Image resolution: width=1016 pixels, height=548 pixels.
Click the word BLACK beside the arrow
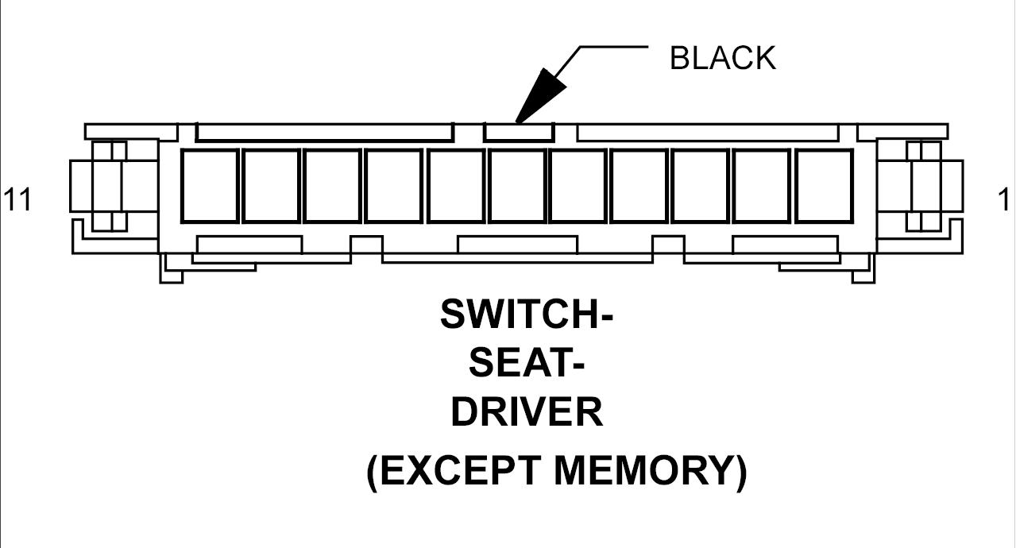point(722,59)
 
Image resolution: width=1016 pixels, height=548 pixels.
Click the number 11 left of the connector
point(17,200)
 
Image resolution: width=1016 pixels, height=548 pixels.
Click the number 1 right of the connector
point(1003,200)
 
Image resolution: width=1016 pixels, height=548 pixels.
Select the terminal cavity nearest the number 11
point(210,186)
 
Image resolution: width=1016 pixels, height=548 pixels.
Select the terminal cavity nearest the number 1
point(824,186)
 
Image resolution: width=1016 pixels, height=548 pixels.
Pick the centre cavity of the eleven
point(517,186)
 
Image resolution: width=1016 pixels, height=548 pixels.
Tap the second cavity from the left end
point(271,186)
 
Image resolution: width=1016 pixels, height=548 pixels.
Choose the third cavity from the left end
point(333,186)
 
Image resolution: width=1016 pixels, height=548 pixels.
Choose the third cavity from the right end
point(701,186)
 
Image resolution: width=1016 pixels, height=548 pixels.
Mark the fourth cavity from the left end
point(394,186)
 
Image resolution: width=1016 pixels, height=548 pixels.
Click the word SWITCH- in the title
point(527,315)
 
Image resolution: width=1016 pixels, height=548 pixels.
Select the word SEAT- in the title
point(527,365)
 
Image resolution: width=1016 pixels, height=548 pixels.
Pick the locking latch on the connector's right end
point(924,186)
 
